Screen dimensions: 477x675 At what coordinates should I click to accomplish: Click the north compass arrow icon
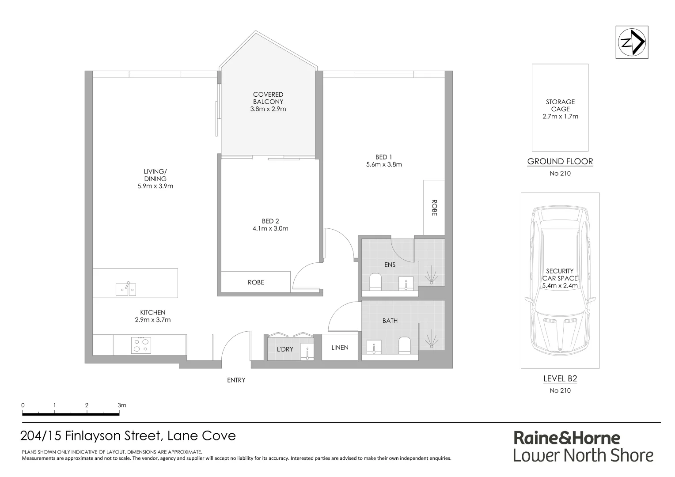click(632, 42)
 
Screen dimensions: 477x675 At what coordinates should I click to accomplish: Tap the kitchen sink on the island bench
click(126, 289)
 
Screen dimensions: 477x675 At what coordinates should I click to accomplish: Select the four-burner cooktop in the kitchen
click(141, 344)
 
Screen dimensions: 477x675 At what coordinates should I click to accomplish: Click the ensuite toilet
click(375, 282)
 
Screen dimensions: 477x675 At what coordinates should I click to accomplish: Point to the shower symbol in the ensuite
click(431, 277)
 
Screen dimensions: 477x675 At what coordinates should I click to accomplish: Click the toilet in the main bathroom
click(405, 345)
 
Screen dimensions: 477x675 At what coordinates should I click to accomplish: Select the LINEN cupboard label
click(340, 348)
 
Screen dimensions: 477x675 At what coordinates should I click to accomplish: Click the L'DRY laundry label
click(285, 349)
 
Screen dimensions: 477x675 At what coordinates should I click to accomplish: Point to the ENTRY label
click(236, 380)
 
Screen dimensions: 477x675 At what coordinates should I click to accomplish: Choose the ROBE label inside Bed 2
click(256, 282)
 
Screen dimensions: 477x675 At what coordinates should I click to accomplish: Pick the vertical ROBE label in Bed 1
click(434, 208)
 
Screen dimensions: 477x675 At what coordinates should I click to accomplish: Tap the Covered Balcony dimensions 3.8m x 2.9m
click(268, 109)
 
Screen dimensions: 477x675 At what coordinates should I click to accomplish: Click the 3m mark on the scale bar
click(121, 405)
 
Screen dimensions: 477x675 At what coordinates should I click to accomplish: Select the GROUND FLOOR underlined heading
click(560, 162)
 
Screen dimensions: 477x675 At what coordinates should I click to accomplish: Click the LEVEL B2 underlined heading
click(560, 379)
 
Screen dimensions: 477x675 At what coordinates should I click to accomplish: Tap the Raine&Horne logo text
click(567, 438)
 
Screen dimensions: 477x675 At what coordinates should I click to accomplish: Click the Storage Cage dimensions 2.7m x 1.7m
click(560, 116)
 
